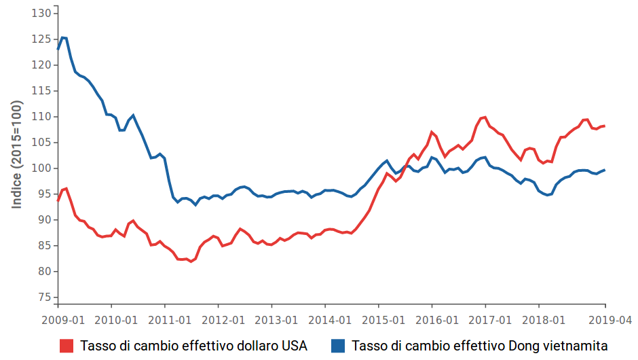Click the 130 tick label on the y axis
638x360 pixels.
point(41,14)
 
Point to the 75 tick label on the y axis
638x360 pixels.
point(44,298)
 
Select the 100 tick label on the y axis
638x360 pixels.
point(41,168)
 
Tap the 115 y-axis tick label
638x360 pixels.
point(41,91)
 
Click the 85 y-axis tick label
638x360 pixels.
point(44,246)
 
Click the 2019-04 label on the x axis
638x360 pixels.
point(605,319)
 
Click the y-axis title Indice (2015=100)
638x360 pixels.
point(16,155)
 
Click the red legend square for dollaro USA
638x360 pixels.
point(67,346)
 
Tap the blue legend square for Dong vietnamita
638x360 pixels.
point(337,346)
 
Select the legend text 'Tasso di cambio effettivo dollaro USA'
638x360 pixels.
point(193,346)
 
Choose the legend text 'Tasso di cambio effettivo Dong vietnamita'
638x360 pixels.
point(480,346)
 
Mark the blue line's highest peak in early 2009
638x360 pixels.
point(62,37)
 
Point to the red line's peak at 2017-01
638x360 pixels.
point(485,117)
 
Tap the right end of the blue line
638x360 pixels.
point(605,170)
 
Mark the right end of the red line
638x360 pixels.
point(605,126)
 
